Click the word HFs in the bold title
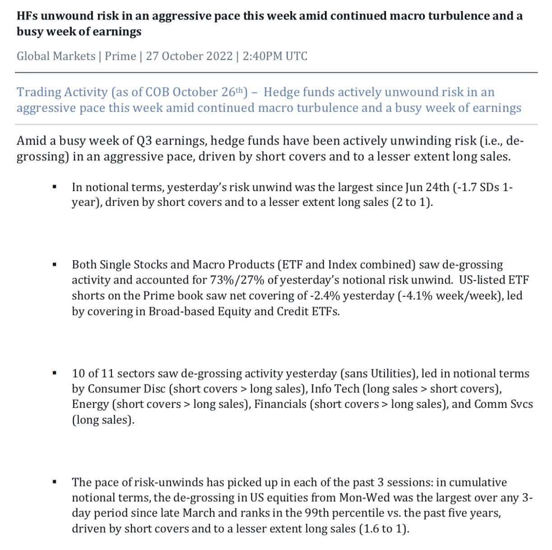point(27,16)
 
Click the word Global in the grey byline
point(33,56)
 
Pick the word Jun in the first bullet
point(414,187)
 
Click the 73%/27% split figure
point(237,280)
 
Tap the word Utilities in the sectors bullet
point(391,374)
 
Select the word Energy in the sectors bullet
point(90,404)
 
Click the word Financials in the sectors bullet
point(280,404)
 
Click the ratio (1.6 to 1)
point(384,529)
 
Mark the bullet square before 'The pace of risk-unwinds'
point(55,482)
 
